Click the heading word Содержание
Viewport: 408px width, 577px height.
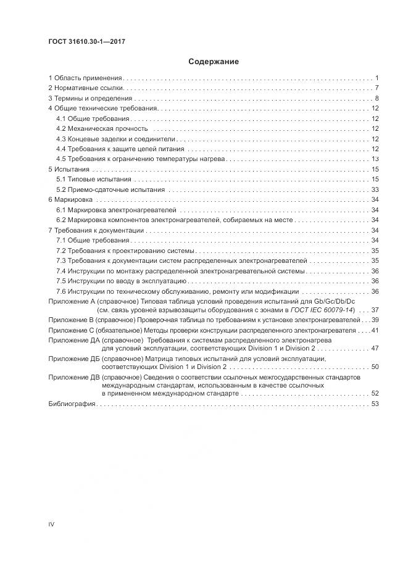coord(213,62)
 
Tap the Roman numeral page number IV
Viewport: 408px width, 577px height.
coord(51,525)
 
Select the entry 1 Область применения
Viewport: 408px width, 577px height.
coord(85,78)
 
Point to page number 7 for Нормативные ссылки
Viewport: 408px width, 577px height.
coord(376,88)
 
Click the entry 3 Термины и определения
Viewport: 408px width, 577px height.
coord(90,99)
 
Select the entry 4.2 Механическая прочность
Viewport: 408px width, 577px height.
coord(102,128)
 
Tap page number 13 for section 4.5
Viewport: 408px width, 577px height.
coord(375,159)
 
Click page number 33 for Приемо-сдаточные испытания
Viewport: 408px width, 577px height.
coord(375,189)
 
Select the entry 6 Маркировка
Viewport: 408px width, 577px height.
coord(70,200)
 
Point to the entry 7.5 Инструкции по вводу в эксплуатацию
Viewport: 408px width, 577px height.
coord(123,281)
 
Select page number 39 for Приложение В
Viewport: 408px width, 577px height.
coord(375,320)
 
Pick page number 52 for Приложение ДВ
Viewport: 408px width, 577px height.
coord(375,393)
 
